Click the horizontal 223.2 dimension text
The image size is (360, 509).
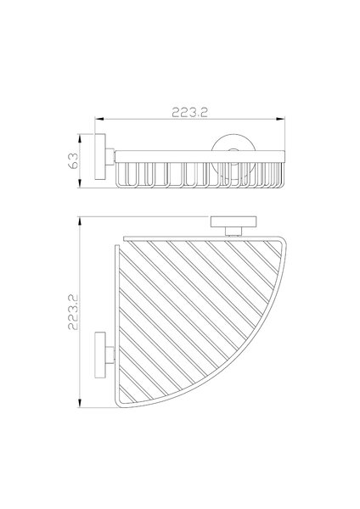click(x=189, y=112)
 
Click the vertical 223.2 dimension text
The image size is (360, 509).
click(x=73, y=312)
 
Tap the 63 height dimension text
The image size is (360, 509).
click(x=73, y=160)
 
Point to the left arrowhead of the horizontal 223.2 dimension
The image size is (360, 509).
click(x=99, y=119)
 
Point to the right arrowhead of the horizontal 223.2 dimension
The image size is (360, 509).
click(x=280, y=119)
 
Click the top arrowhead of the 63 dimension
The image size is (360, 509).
click(x=79, y=138)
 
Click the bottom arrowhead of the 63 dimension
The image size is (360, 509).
click(x=79, y=183)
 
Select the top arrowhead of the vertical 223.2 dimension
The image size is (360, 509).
click(x=79, y=221)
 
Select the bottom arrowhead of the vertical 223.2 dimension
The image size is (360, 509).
click(x=79, y=403)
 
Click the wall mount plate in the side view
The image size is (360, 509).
click(x=100, y=156)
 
